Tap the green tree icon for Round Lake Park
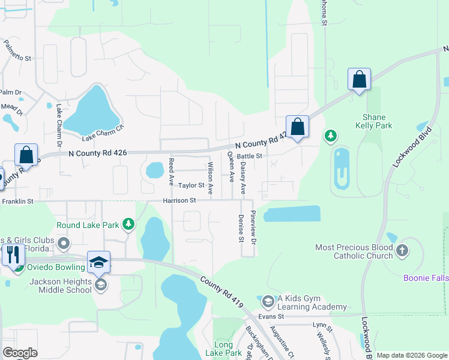[128, 224]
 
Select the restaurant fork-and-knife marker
[13, 254]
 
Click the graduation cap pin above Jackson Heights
[99, 262]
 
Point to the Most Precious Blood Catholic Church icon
[402, 248]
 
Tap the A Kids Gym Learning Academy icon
[268, 300]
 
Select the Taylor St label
[191, 186]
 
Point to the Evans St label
[271, 316]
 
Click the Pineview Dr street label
[253, 227]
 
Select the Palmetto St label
[17, 51]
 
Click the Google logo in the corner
[20, 353]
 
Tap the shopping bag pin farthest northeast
[359, 79]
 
